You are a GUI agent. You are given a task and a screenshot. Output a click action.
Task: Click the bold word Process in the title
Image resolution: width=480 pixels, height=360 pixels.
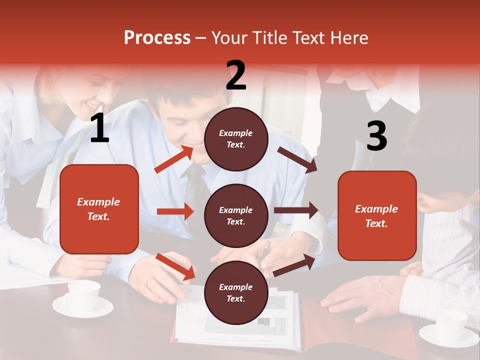(x=157, y=38)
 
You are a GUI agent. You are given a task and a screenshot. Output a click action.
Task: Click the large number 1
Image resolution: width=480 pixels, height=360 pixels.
(x=99, y=129)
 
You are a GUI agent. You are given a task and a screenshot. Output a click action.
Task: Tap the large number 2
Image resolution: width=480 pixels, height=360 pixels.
(x=236, y=75)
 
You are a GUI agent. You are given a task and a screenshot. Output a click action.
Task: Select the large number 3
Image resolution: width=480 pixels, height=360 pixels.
(x=376, y=136)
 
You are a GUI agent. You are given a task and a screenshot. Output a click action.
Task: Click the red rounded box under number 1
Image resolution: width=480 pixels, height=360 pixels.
(x=99, y=209)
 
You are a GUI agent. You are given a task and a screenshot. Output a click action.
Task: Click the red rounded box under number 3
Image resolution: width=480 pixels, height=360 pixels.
(x=377, y=216)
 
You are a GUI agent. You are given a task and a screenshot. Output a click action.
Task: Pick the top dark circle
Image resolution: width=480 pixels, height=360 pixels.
(x=236, y=139)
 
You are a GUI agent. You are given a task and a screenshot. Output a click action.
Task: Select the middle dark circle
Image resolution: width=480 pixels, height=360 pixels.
(x=236, y=216)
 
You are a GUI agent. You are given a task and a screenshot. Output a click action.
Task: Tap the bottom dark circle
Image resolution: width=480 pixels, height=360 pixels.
(x=236, y=293)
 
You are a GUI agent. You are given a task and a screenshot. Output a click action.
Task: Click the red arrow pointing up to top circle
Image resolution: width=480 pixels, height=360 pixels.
(x=173, y=159)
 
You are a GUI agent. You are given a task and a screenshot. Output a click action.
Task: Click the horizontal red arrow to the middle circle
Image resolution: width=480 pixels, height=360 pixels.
(x=175, y=211)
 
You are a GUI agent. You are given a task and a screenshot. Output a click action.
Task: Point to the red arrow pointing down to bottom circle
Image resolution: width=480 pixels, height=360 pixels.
(x=175, y=266)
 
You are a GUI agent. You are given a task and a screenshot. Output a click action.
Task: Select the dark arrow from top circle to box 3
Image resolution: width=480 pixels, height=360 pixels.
(x=297, y=160)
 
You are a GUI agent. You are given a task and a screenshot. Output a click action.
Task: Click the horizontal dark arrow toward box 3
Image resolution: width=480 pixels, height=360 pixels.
(x=296, y=210)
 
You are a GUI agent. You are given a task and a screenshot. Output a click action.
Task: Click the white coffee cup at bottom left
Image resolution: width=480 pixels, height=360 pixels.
(x=83, y=296)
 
